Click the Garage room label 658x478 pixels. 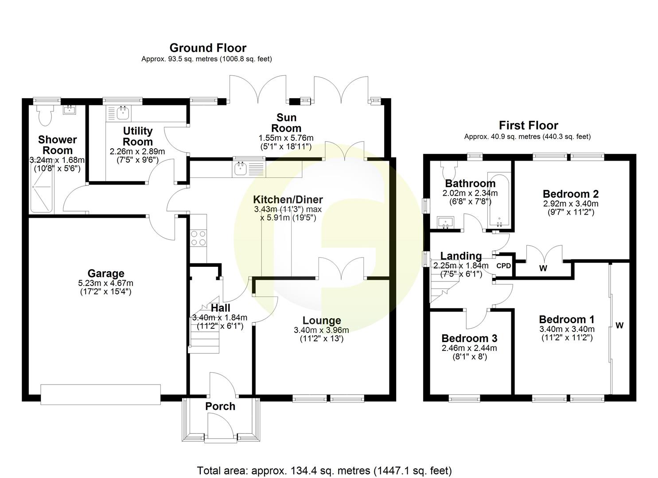[105, 274]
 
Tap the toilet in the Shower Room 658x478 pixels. [44, 116]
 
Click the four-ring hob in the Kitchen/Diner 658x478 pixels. [198, 238]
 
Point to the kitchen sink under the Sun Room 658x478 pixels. [241, 168]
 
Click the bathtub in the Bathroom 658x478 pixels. [499, 200]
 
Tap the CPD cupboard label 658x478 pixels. [503, 266]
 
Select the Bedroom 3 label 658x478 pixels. [469, 338]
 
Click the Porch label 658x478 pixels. [220, 406]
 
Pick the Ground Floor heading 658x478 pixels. [208, 48]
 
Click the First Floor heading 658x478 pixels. [528, 125]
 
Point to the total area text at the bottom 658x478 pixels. [324, 470]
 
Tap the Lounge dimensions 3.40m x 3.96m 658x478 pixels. [321, 330]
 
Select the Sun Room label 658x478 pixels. [286, 123]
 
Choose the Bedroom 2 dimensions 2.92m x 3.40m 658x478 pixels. [570, 204]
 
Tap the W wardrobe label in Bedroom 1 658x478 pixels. [619, 326]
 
